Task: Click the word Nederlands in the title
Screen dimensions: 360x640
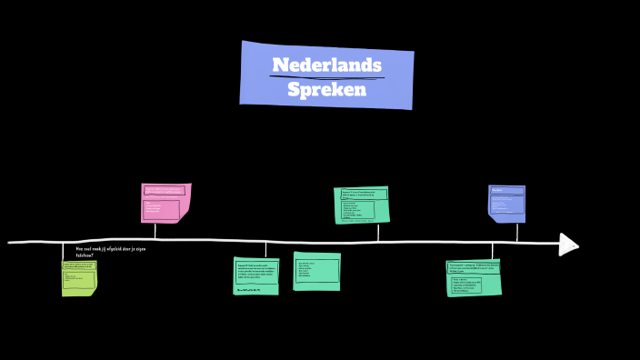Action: point(326,65)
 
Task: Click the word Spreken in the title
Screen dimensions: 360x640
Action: point(326,90)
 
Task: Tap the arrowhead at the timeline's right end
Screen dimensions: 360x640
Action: point(568,244)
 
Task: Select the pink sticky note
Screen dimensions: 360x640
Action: point(165,204)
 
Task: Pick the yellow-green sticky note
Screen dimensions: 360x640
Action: point(79,278)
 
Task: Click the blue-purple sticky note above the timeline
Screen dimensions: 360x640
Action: point(506,204)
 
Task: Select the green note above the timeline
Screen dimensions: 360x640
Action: point(361,205)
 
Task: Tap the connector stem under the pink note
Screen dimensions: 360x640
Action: point(155,231)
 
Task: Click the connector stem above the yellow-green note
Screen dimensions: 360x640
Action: point(63,252)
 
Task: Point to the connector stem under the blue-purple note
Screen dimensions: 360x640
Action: point(517,231)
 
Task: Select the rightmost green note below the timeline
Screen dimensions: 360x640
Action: point(473,277)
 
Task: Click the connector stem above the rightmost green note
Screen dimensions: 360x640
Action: point(492,251)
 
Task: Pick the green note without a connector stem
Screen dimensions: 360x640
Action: point(316,271)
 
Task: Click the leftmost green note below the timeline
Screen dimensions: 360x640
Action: point(255,275)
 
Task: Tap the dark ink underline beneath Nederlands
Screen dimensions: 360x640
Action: point(326,77)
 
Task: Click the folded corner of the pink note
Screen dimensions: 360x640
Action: point(185,215)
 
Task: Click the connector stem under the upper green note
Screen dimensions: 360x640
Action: point(378,232)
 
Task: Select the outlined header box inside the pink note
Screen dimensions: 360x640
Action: point(165,191)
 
